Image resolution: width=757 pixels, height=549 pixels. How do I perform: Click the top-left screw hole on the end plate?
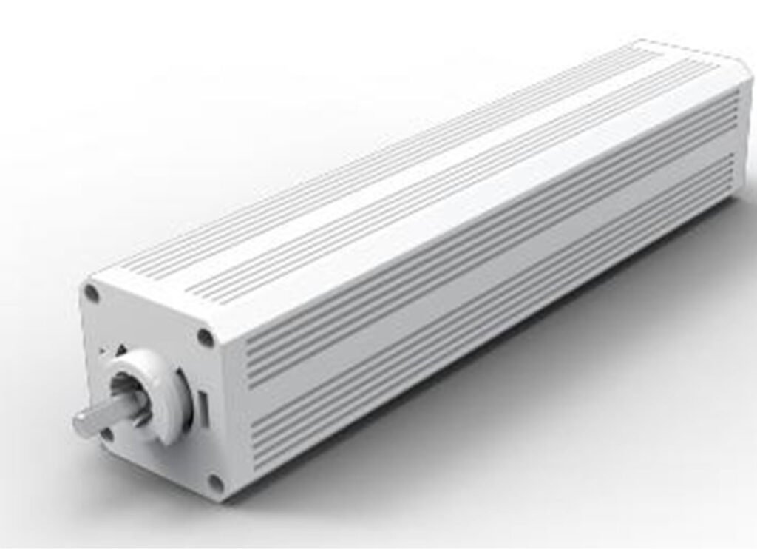coord(92,293)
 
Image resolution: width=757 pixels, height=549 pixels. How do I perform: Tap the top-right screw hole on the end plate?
coord(205,338)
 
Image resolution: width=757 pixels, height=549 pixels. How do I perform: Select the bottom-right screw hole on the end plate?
coord(215,483)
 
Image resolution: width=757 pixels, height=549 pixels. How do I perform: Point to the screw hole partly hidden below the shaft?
coord(107,434)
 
